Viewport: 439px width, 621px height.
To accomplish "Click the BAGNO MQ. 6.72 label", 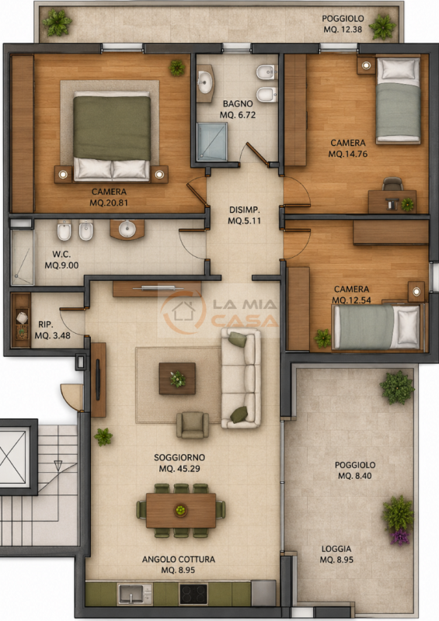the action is (x=238, y=109).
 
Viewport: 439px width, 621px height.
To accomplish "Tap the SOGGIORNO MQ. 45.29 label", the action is (x=179, y=463).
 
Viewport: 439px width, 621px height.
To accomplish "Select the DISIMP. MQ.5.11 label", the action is (x=244, y=215).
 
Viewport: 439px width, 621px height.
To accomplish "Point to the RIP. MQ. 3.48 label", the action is (x=52, y=330).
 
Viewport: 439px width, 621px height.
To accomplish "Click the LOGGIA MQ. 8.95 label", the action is (x=336, y=554).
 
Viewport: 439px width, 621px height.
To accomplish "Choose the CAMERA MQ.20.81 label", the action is (x=109, y=197).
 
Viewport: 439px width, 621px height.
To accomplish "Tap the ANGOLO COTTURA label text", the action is (x=179, y=559).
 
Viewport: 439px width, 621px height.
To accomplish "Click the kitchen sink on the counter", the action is (x=135, y=594).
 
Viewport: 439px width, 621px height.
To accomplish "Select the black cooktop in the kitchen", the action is (x=193, y=594).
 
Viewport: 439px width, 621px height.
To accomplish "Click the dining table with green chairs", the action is (x=181, y=511).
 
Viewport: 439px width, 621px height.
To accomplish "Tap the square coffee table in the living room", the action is (x=177, y=379).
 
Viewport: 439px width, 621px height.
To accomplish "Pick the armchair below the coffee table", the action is (x=193, y=425).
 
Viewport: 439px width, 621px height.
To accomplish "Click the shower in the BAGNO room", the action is (x=213, y=142).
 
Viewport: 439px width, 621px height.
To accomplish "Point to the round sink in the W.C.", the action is (x=127, y=229).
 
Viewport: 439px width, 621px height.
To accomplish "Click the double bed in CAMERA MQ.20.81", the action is (x=112, y=137).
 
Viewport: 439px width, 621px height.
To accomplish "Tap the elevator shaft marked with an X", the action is (x=14, y=456).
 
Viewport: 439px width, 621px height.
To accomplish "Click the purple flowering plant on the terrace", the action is (x=399, y=536).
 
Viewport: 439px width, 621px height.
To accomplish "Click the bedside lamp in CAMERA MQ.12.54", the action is (x=416, y=292).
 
